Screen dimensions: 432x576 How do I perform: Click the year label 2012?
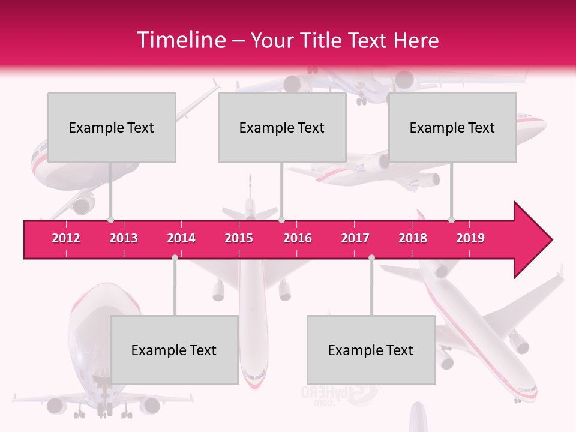(66, 238)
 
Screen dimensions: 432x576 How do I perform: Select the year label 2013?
(124, 238)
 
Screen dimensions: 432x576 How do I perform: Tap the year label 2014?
(181, 238)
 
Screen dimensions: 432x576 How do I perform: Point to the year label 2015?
(239, 238)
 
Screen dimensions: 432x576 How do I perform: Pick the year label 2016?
(298, 238)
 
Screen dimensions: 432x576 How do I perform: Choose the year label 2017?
(355, 238)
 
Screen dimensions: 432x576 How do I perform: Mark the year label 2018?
(413, 238)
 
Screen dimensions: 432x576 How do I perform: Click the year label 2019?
(470, 238)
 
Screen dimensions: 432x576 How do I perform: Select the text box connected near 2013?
(112, 127)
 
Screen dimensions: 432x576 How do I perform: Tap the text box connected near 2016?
(282, 127)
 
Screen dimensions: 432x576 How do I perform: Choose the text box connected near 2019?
(452, 127)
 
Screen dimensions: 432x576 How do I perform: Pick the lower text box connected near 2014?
(174, 350)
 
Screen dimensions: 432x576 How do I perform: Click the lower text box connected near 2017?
(371, 350)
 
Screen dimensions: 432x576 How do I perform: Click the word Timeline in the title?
(180, 40)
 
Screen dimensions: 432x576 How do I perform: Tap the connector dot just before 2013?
(110, 220)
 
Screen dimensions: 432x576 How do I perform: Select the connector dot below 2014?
(175, 257)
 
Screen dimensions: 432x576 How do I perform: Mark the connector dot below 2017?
(371, 257)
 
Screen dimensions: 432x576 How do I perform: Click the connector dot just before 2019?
(451, 220)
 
